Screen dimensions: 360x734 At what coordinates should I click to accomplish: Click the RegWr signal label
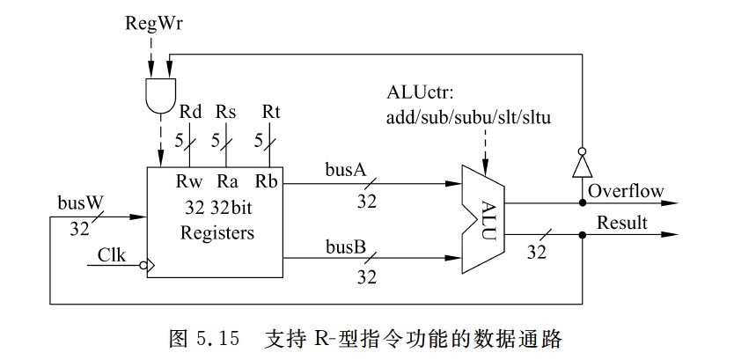[150, 20]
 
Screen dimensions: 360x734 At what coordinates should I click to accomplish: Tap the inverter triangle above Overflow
[581, 165]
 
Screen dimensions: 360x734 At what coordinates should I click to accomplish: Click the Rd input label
[190, 112]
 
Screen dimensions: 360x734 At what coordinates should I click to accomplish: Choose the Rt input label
[271, 112]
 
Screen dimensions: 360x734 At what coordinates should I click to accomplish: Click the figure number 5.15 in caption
[214, 338]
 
